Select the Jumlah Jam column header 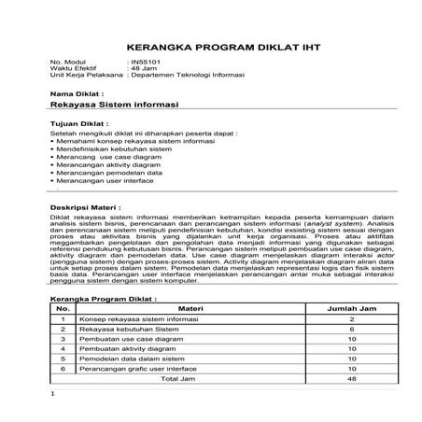[x=351, y=307]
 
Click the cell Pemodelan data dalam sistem [x=127, y=358]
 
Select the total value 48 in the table [x=351, y=379]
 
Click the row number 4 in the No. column [x=63, y=348]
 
